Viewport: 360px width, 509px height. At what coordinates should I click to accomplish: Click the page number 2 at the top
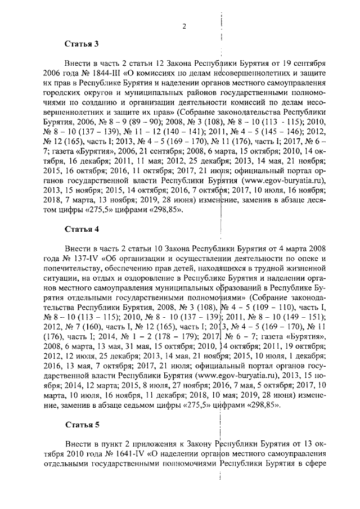184,26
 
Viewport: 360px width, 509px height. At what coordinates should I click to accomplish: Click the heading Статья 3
82,43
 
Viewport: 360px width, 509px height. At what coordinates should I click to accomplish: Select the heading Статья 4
82,229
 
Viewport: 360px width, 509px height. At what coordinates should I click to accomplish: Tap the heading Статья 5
82,424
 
